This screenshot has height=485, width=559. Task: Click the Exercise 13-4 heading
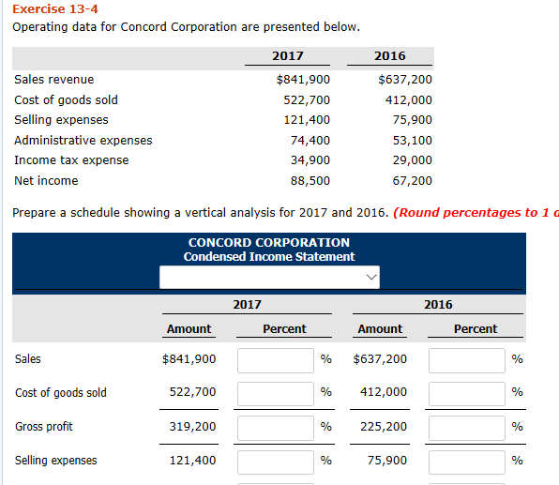click(45, 8)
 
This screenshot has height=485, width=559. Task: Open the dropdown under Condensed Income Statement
click(271, 277)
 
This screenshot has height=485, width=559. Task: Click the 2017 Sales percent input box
click(275, 359)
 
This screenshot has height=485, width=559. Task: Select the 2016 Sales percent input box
click(467, 359)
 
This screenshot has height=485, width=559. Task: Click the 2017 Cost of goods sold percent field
click(275, 393)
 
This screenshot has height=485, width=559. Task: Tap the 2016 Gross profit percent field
click(467, 427)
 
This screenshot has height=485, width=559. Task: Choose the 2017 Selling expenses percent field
click(275, 461)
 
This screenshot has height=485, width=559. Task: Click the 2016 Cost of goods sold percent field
click(467, 393)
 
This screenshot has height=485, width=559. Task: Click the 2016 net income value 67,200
click(412, 180)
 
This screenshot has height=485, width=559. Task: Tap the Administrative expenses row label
click(83, 141)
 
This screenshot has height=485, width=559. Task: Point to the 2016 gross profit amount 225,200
click(384, 427)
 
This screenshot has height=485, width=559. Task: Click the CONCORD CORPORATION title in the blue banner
click(269, 242)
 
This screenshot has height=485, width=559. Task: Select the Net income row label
click(46, 180)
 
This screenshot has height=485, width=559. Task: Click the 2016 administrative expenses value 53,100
click(412, 141)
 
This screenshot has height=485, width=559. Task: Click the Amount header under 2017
click(189, 329)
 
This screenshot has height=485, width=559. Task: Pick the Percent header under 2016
click(476, 329)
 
